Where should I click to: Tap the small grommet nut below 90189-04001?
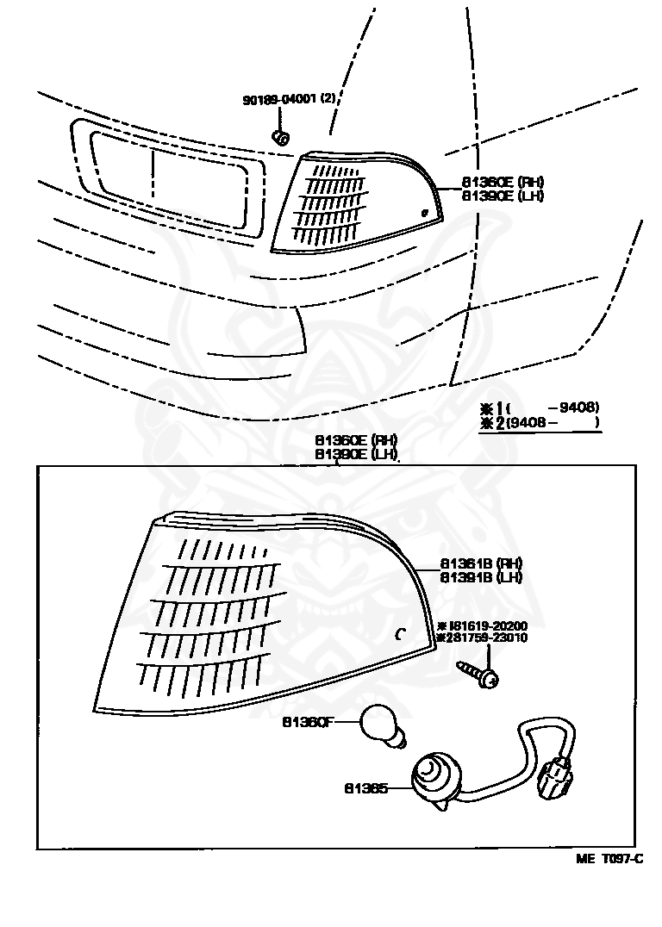pos(279,136)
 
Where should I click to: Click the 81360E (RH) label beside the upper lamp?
pos(503,182)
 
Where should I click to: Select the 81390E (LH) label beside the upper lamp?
pos(503,196)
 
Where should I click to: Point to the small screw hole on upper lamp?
pos(424,212)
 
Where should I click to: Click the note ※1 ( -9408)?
pos(541,408)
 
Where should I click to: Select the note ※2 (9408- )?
pos(541,422)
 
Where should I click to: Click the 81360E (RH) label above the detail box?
pos(355,440)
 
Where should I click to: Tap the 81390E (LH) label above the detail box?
pos(355,453)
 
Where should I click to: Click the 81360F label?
pos(308,722)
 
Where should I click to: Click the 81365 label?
pos(366,787)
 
